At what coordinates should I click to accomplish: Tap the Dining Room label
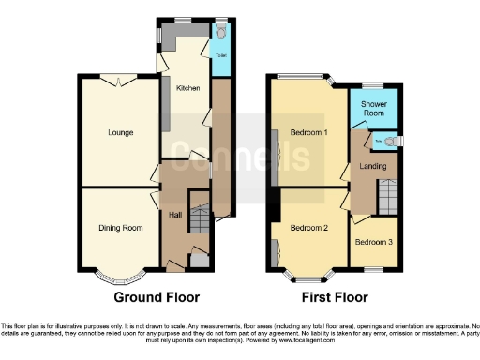point(121,228)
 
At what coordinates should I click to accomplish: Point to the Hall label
point(174,216)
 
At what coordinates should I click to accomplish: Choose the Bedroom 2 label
point(308,228)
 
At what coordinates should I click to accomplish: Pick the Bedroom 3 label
point(374,241)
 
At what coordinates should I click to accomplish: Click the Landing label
point(373,166)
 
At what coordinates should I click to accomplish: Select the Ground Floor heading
point(157,297)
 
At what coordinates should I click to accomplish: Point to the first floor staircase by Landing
point(387,198)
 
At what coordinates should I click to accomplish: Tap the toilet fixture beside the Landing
point(391,142)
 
